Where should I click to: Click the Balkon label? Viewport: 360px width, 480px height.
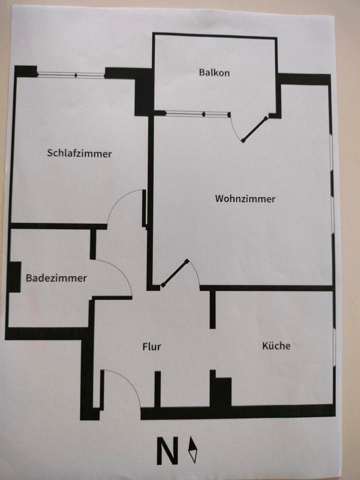point(214,72)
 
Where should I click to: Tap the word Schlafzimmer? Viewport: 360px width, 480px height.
point(79,153)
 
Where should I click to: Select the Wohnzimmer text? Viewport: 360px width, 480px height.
point(245,198)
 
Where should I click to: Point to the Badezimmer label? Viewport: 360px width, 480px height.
point(56,278)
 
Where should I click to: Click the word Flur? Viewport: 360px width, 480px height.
point(151,346)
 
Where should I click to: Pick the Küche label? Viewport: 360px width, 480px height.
point(276,345)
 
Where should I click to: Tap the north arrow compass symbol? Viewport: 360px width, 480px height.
point(192,450)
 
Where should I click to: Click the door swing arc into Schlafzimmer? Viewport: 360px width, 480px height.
point(122,200)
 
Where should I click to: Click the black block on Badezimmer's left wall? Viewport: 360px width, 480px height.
point(14,277)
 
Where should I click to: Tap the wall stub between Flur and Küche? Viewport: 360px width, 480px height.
point(212,310)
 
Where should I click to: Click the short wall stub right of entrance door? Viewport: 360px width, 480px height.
point(157,388)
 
